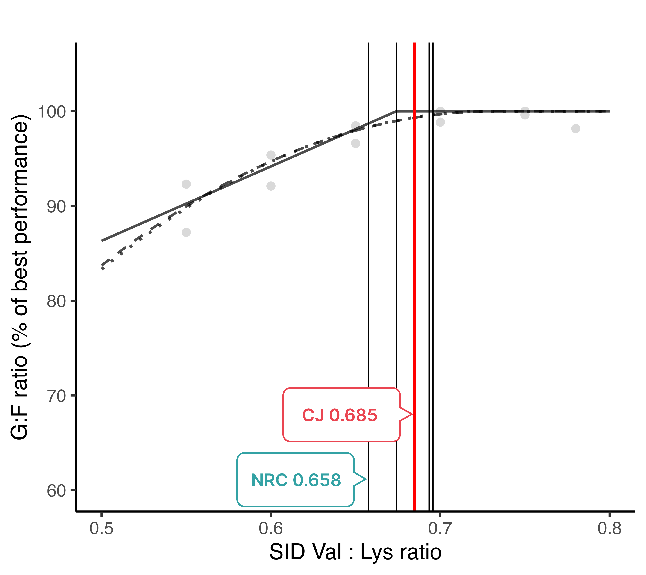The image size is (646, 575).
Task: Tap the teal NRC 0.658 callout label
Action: click(x=296, y=480)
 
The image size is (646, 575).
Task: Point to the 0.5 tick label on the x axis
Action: click(x=101, y=529)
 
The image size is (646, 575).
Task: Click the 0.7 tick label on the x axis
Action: click(x=440, y=529)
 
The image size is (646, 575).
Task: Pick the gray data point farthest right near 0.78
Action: click(x=576, y=129)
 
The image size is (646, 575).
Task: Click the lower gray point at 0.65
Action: click(x=355, y=143)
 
